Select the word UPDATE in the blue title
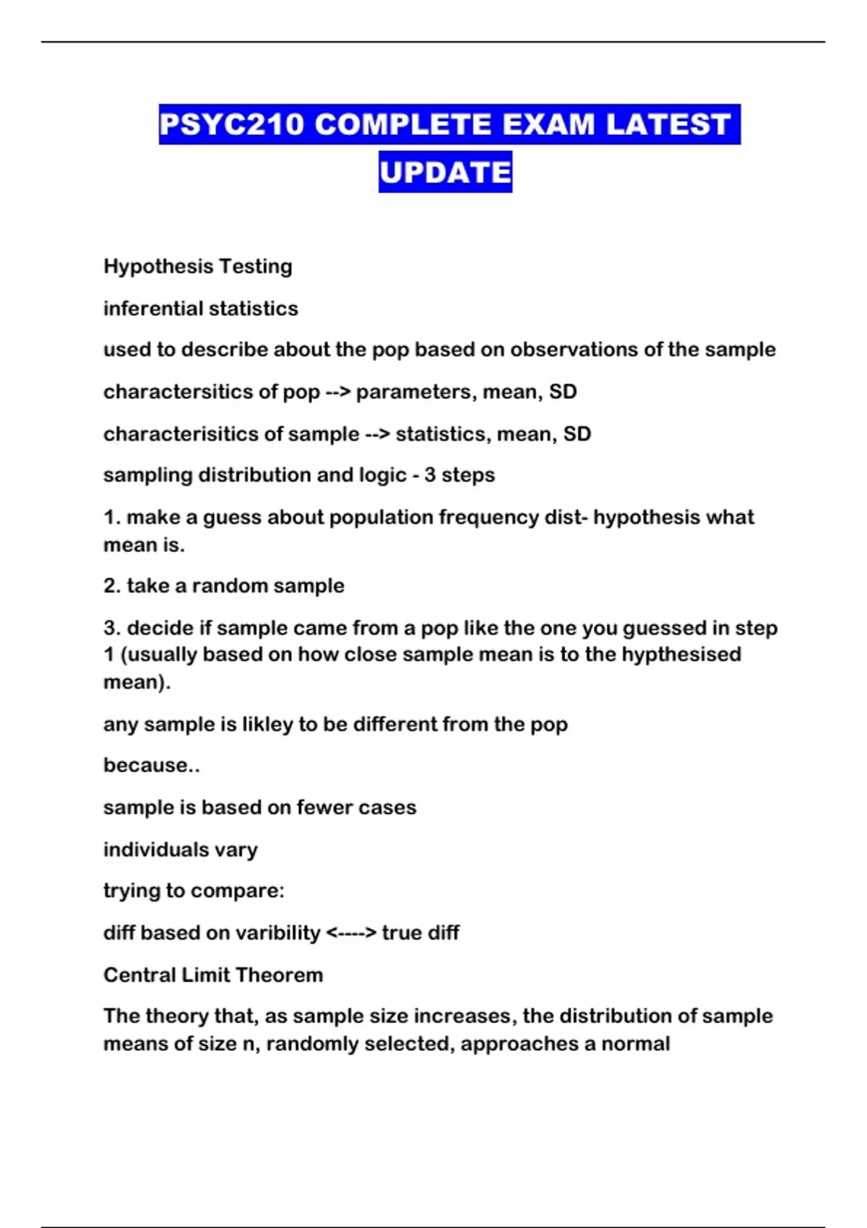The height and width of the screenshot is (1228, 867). tap(445, 172)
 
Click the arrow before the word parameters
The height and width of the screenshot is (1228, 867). tap(337, 392)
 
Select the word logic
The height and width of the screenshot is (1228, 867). tap(382, 475)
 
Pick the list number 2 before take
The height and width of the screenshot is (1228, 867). tap(111, 586)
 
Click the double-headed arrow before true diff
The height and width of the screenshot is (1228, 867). tap(351, 933)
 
